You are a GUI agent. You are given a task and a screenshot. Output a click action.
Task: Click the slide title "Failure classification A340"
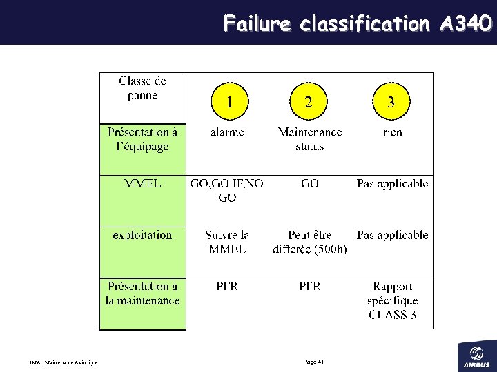point(357,24)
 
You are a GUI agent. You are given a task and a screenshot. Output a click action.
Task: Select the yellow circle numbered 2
point(309,103)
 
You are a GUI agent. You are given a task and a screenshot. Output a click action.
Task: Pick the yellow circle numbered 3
point(391,103)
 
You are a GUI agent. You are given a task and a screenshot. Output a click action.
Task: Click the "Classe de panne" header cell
point(142,88)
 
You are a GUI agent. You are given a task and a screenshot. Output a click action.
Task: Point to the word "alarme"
point(227,132)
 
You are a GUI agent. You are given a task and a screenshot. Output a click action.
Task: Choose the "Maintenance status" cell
point(309,138)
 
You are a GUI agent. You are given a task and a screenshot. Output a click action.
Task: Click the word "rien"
point(392,132)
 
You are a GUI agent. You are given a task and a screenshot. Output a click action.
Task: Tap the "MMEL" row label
point(143,183)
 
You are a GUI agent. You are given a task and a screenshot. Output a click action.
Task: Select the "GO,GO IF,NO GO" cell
point(226,190)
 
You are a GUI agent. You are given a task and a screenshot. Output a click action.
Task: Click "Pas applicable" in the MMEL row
point(392,183)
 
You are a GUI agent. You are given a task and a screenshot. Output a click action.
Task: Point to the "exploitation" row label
point(142,235)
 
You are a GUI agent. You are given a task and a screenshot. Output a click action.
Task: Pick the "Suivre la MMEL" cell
point(227,242)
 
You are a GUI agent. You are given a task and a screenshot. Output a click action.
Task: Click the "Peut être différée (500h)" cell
point(310,242)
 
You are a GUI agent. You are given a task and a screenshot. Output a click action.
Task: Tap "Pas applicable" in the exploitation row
point(392,235)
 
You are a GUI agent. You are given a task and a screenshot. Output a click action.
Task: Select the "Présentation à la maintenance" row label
point(142,293)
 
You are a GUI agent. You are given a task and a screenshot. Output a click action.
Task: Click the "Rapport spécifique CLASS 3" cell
point(392,300)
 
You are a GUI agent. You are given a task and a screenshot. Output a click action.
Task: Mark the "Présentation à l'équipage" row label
point(142,138)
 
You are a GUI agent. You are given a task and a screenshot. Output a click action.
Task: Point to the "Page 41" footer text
point(313,362)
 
